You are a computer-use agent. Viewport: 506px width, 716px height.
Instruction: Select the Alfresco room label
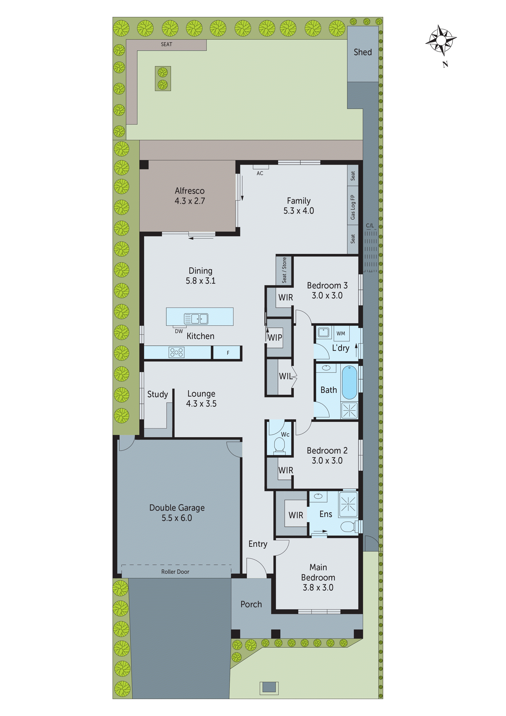pos(190,191)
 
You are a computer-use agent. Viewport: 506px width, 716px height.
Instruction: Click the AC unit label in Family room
pos(260,173)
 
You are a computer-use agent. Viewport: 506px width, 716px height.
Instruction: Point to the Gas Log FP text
pos(353,207)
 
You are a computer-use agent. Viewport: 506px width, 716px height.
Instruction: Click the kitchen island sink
pos(200,318)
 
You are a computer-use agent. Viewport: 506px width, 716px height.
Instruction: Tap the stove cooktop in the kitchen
pos(176,352)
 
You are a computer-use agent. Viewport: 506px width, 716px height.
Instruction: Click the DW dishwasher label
pos(179,331)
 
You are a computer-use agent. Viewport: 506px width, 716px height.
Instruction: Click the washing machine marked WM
pos(341,333)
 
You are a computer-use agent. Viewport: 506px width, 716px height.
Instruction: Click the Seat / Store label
pos(284,270)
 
